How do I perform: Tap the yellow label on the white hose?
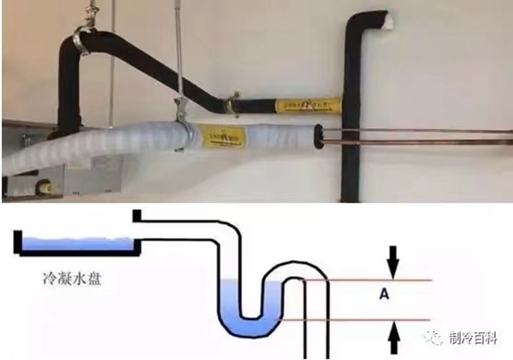[221, 133]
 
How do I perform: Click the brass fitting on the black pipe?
[232, 105]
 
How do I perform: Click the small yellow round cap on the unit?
[46, 187]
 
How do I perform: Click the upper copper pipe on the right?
[427, 130]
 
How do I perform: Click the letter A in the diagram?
[393, 291]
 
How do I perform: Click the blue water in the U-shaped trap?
[246, 314]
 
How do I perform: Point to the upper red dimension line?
[370, 279]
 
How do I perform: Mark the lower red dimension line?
[370, 320]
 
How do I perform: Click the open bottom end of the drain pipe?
[316, 354]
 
